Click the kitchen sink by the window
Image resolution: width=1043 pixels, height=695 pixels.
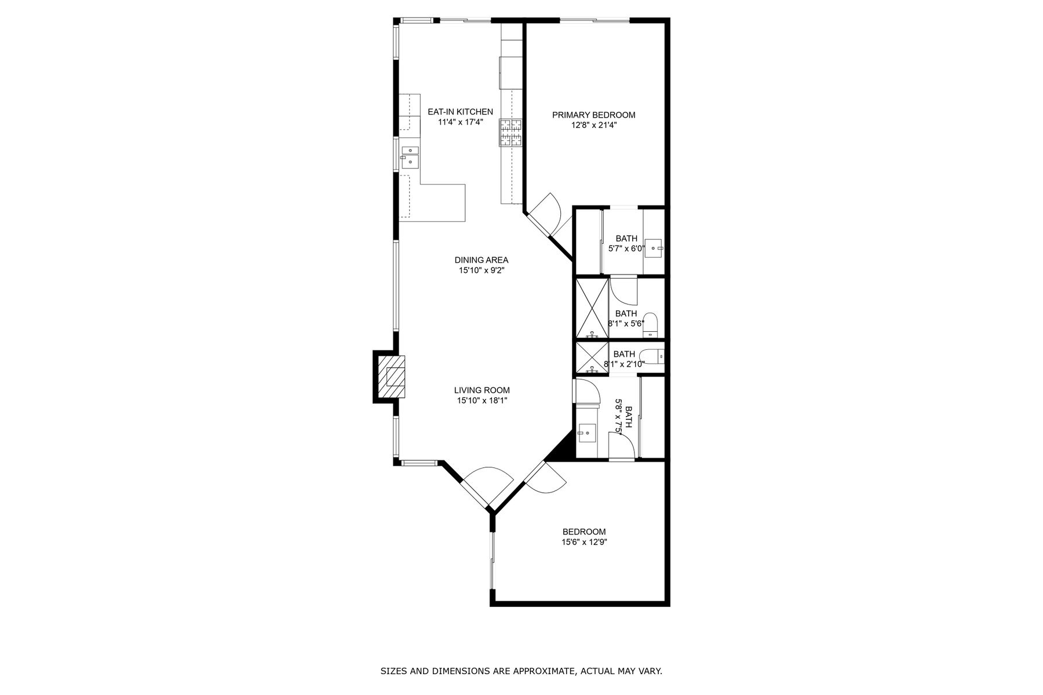coord(410,157)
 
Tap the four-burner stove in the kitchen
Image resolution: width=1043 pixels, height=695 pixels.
coord(510,132)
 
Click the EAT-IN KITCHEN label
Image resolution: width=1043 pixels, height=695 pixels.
coord(460,112)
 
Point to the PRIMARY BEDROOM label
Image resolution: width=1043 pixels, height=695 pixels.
coord(593,115)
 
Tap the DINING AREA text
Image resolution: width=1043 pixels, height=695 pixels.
coord(481,260)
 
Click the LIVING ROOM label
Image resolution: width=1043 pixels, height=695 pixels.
coord(482,390)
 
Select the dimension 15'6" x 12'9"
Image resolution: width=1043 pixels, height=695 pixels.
coord(584,543)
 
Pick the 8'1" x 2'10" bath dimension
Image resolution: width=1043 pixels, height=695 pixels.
coord(624,364)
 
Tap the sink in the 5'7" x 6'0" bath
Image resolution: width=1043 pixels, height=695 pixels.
coord(654,248)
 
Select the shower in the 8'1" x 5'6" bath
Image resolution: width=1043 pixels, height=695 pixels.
coord(591,308)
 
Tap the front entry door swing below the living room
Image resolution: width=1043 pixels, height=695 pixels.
coord(488,485)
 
